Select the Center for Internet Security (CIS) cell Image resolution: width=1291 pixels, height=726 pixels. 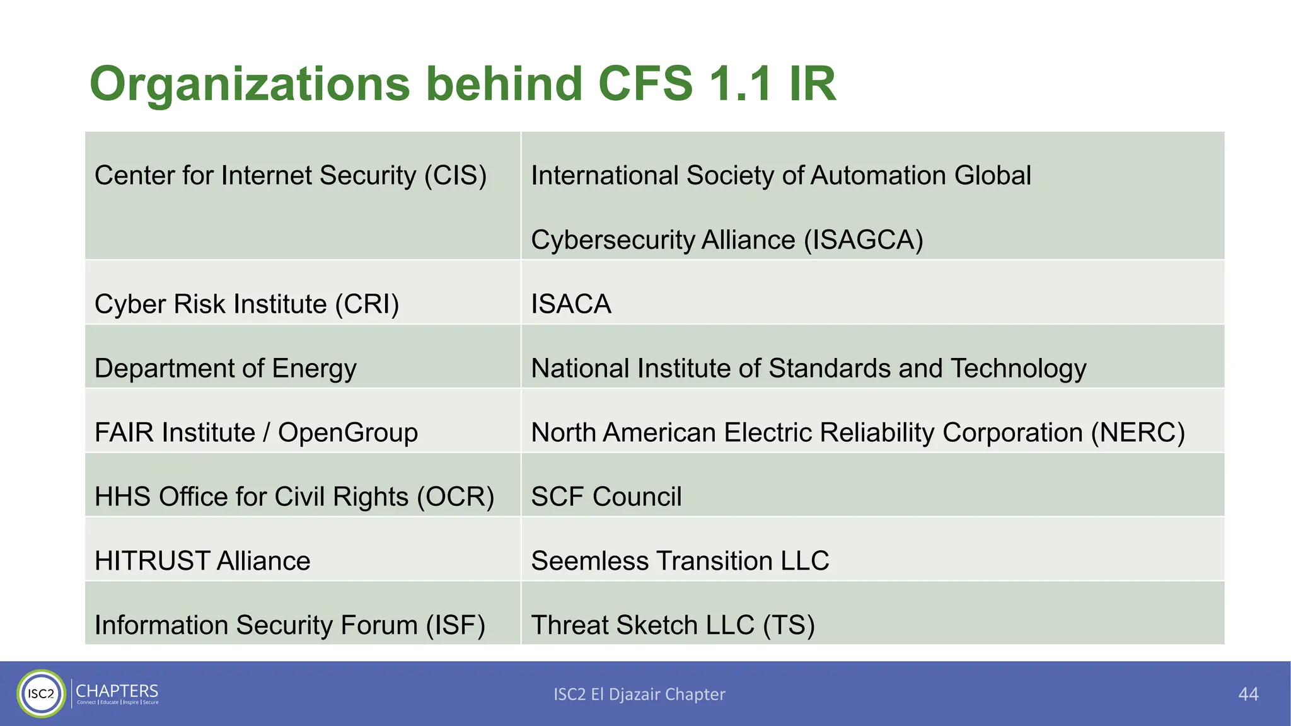290,176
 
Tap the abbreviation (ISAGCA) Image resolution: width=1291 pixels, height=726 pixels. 863,240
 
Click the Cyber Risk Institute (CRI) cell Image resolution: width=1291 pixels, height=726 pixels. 246,304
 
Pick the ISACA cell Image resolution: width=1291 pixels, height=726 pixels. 570,304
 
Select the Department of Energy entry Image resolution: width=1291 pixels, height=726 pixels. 225,369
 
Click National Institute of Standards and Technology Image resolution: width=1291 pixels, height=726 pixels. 808,369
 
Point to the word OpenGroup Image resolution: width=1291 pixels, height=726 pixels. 347,433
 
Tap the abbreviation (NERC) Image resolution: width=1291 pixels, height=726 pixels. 1138,433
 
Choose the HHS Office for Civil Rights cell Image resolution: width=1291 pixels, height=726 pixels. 294,497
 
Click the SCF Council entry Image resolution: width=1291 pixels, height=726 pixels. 606,497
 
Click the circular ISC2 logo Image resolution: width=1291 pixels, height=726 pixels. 42,694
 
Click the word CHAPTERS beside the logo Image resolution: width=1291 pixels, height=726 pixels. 117,691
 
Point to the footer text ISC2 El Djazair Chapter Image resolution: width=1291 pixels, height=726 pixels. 639,694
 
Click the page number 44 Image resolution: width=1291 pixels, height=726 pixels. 1248,694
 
